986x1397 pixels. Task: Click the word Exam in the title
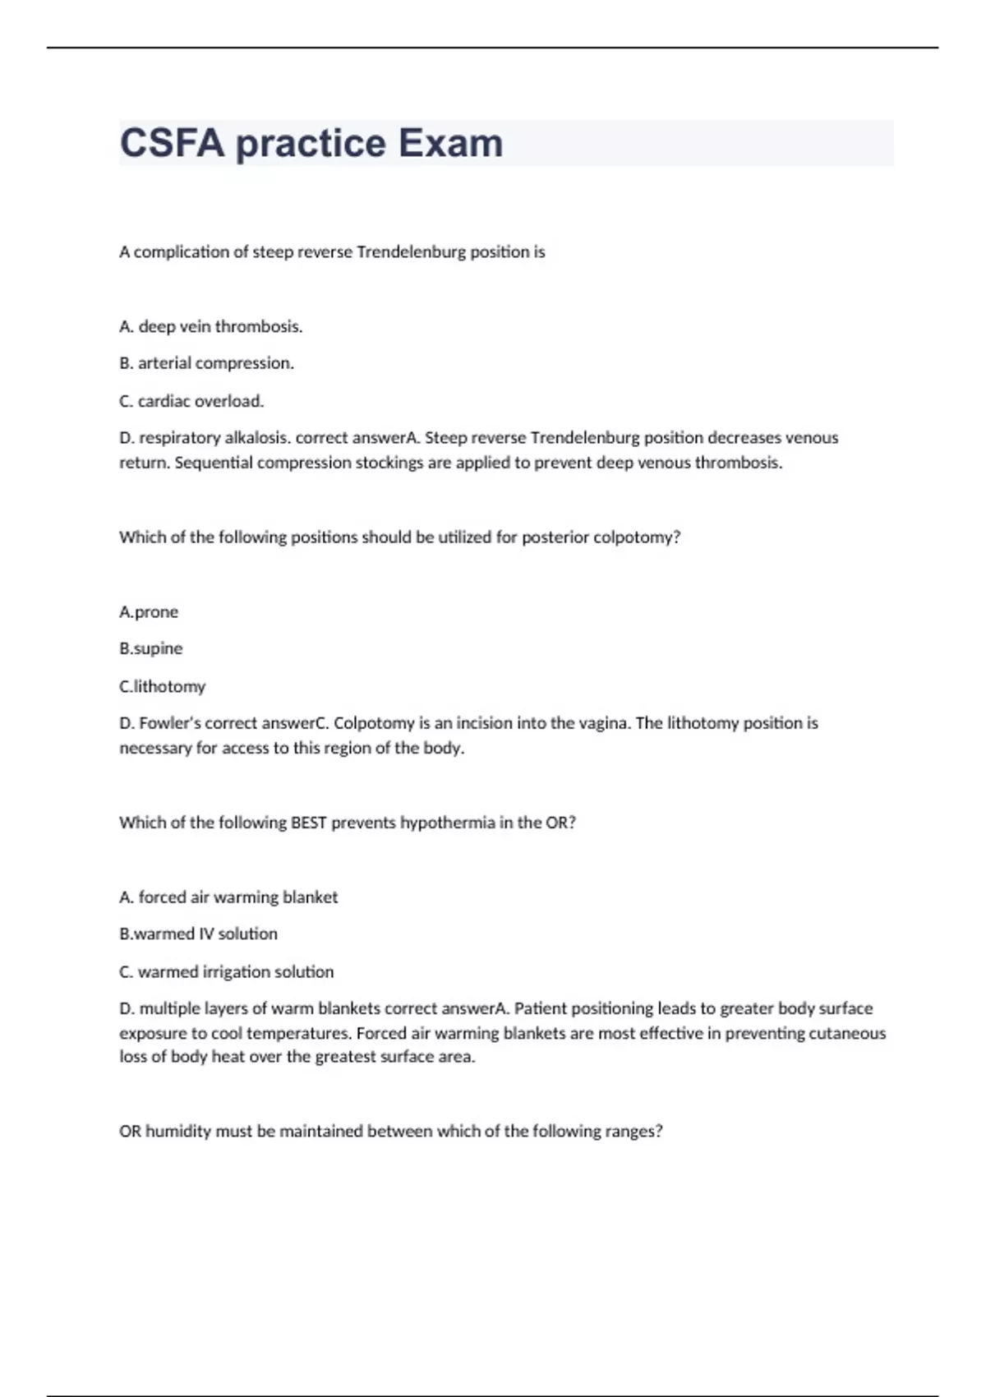coord(440,143)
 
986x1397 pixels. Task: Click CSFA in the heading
coord(172,143)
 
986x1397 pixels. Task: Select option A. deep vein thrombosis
coord(210,326)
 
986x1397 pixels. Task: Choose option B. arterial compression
coord(206,363)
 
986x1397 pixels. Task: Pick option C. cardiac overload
coord(191,401)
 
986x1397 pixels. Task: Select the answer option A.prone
coord(149,612)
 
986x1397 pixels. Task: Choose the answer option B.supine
coord(151,648)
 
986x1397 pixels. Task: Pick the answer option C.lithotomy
coord(162,686)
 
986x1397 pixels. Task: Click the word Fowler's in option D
coord(169,723)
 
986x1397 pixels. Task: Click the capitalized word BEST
coord(309,823)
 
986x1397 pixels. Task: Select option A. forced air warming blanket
coord(228,897)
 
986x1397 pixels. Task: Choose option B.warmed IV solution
coord(198,934)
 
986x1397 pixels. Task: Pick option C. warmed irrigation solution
coord(226,971)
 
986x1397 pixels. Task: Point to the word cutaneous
coord(847,1033)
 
